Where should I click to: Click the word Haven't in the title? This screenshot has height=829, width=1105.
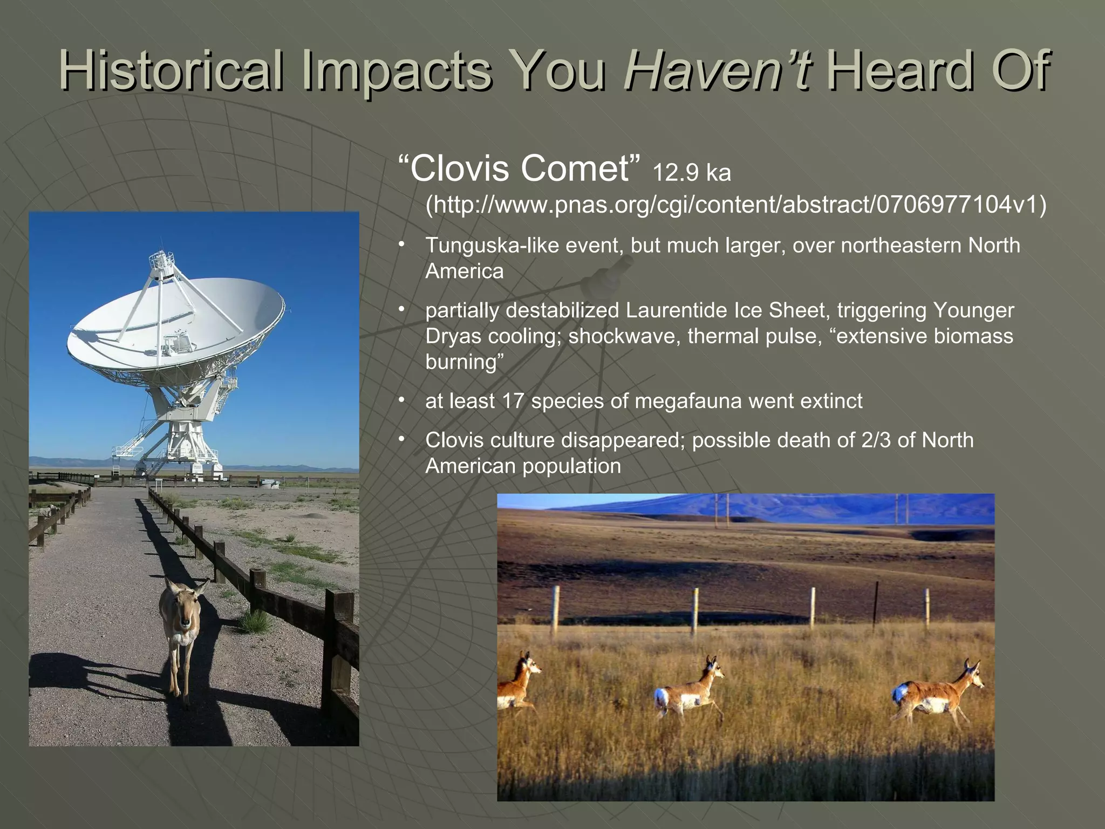coord(717,70)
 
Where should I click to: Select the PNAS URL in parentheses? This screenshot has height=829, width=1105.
coord(736,205)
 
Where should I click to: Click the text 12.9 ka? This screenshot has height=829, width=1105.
coord(692,173)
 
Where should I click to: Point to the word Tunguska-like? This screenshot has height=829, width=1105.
coord(492,246)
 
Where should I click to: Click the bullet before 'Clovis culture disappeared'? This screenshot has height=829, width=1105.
coord(401,439)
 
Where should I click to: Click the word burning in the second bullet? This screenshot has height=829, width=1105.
coord(461,362)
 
